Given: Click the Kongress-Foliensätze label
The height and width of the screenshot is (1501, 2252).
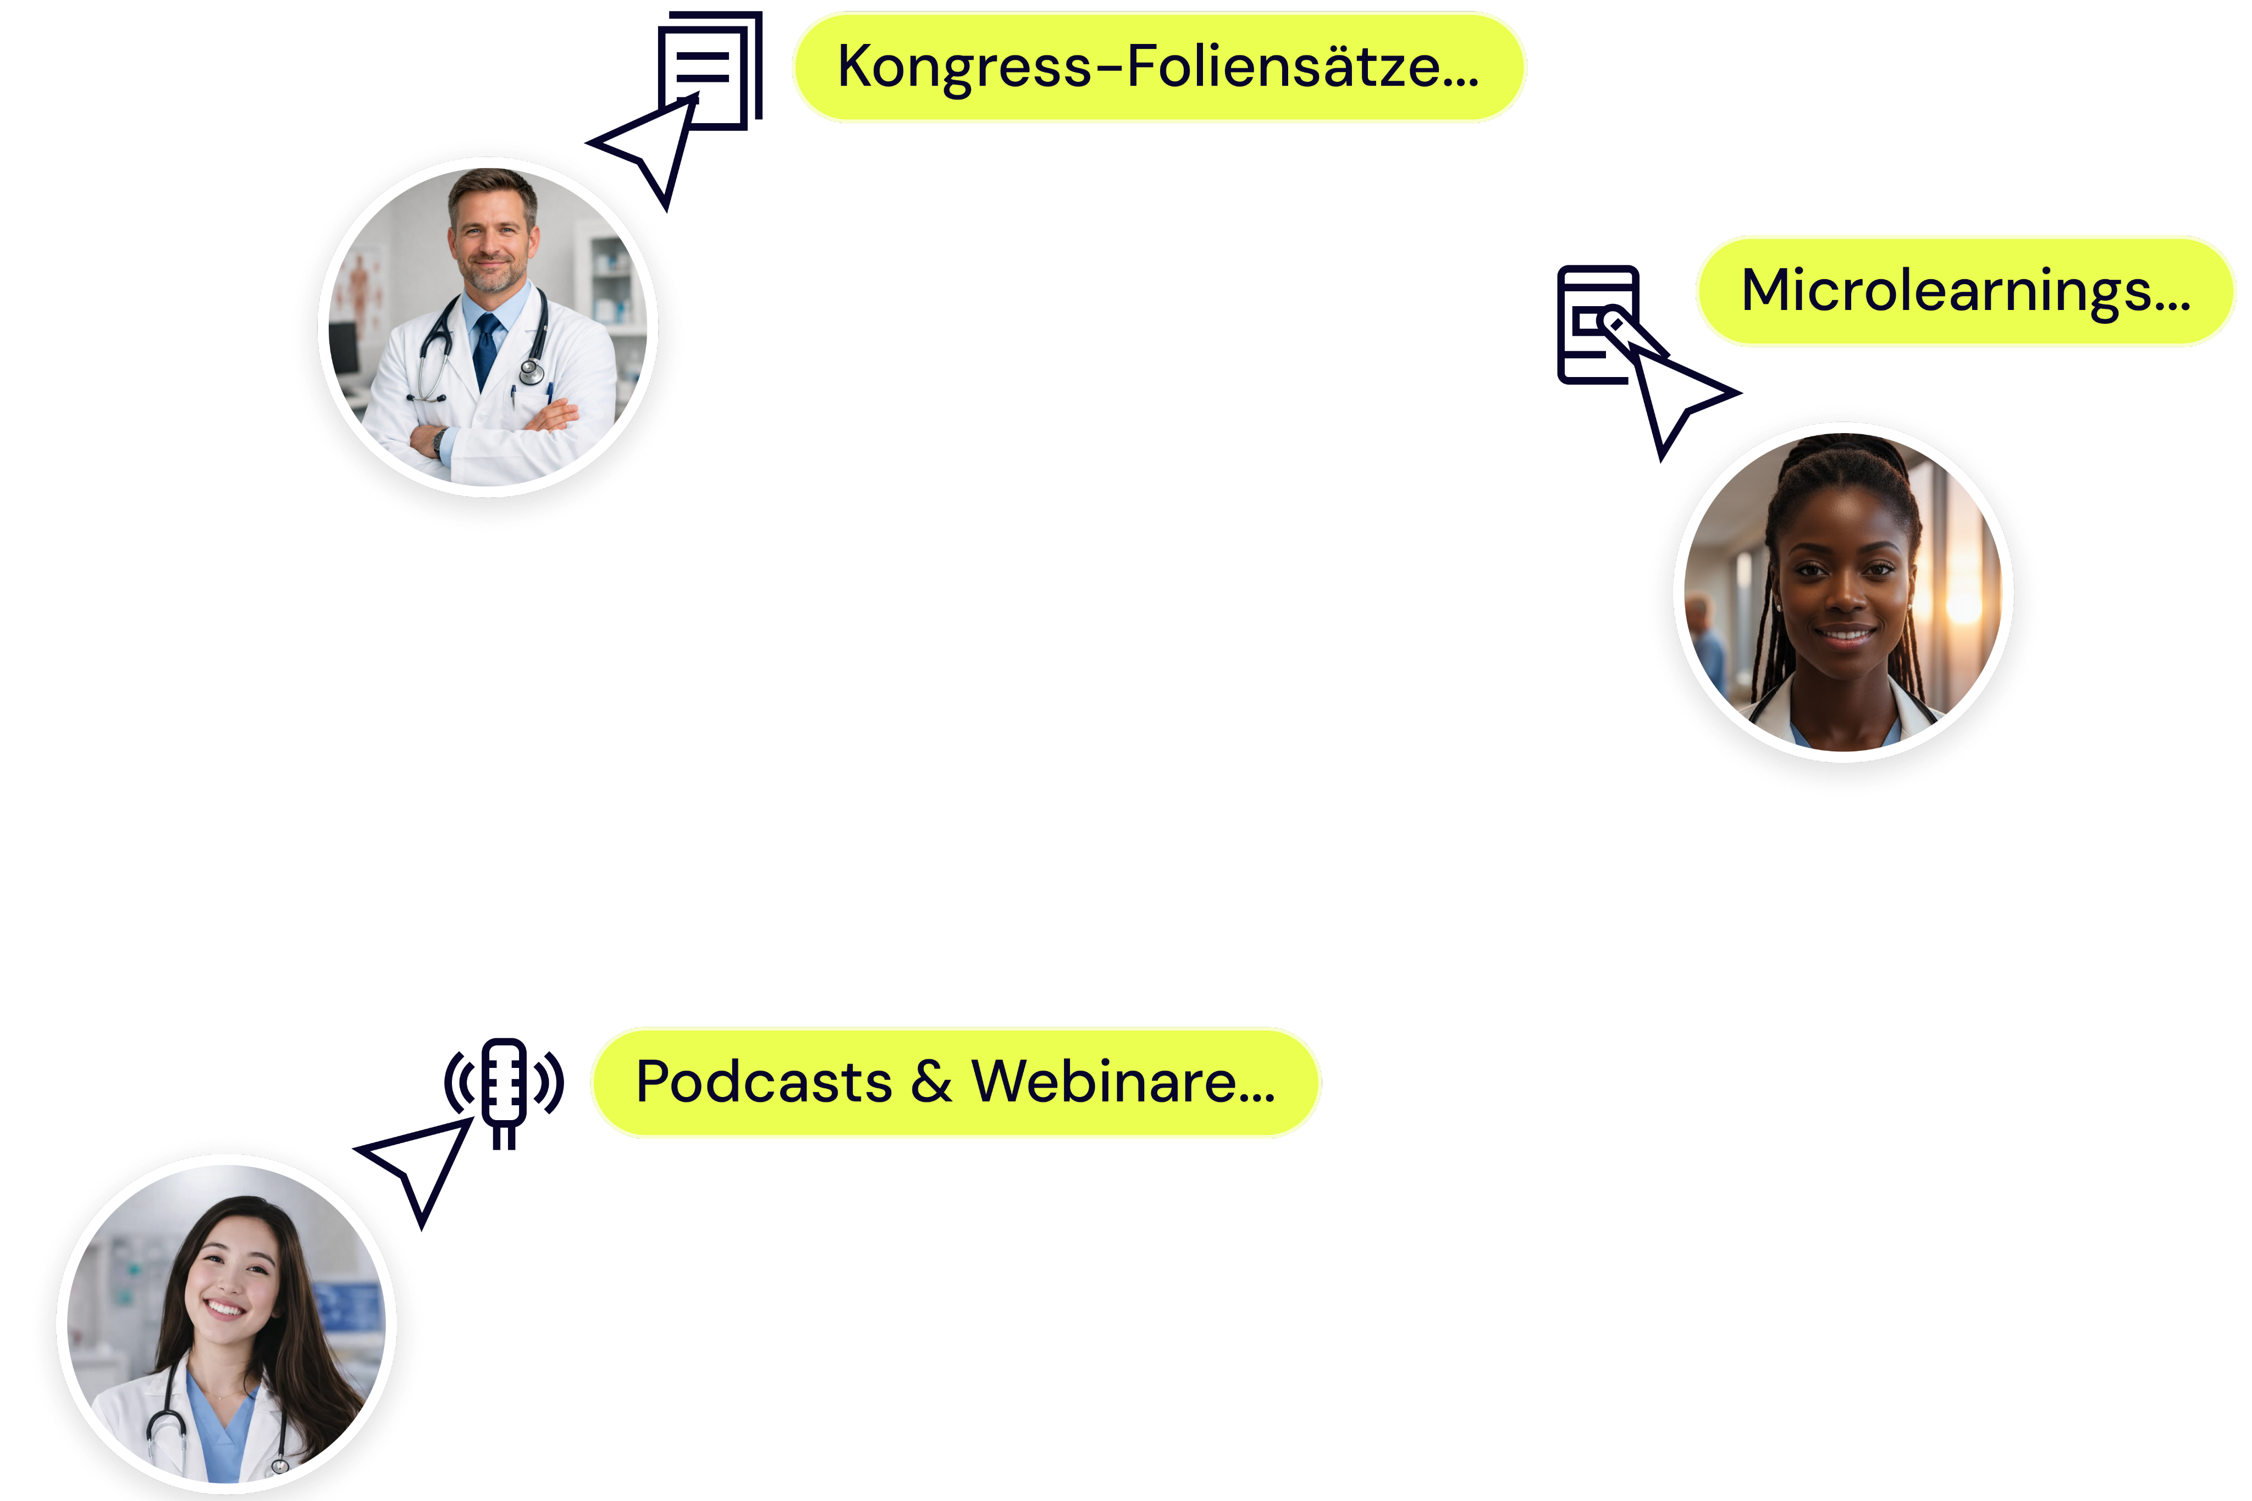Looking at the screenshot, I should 1158,67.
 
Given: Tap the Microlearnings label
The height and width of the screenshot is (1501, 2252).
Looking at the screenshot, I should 1965,291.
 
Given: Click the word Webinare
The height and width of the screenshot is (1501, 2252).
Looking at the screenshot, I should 1122,1083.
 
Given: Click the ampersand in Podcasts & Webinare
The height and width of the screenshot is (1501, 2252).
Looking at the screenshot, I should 931,1083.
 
